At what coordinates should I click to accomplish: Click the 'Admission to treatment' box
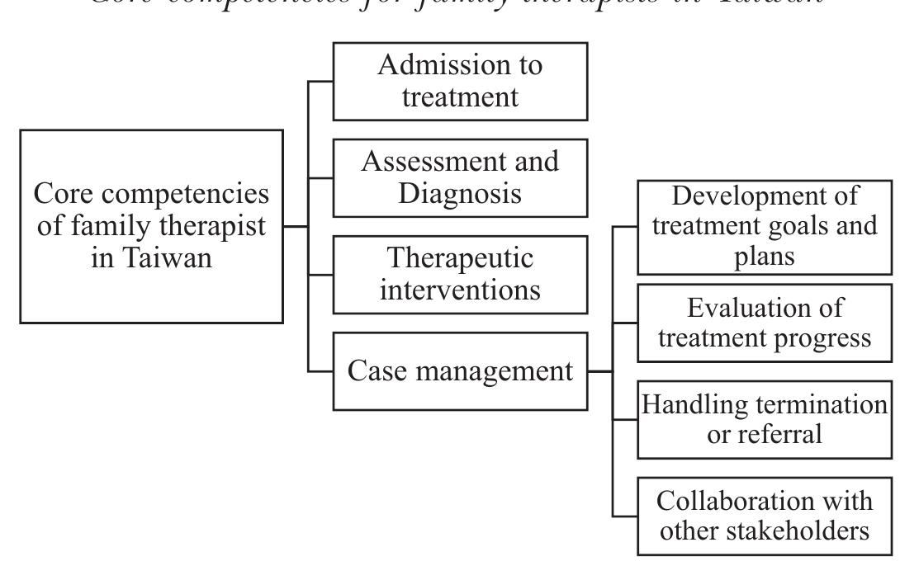click(x=460, y=81)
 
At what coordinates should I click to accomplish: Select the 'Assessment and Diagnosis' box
click(x=460, y=177)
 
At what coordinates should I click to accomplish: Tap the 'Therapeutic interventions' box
click(x=460, y=274)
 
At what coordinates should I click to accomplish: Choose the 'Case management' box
click(x=460, y=370)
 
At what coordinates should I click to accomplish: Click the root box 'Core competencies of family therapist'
click(x=152, y=225)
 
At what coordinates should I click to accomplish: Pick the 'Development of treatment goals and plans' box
click(x=764, y=226)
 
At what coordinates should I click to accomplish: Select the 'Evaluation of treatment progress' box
click(x=764, y=323)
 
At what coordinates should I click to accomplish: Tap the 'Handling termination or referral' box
click(x=764, y=419)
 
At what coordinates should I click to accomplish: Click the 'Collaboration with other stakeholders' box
click(x=764, y=516)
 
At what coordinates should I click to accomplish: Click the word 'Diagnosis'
click(x=460, y=193)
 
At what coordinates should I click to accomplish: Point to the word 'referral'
click(x=781, y=434)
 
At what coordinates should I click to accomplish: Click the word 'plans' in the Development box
click(x=764, y=256)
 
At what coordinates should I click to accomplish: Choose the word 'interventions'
click(x=460, y=290)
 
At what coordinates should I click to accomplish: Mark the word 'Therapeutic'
click(x=460, y=258)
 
